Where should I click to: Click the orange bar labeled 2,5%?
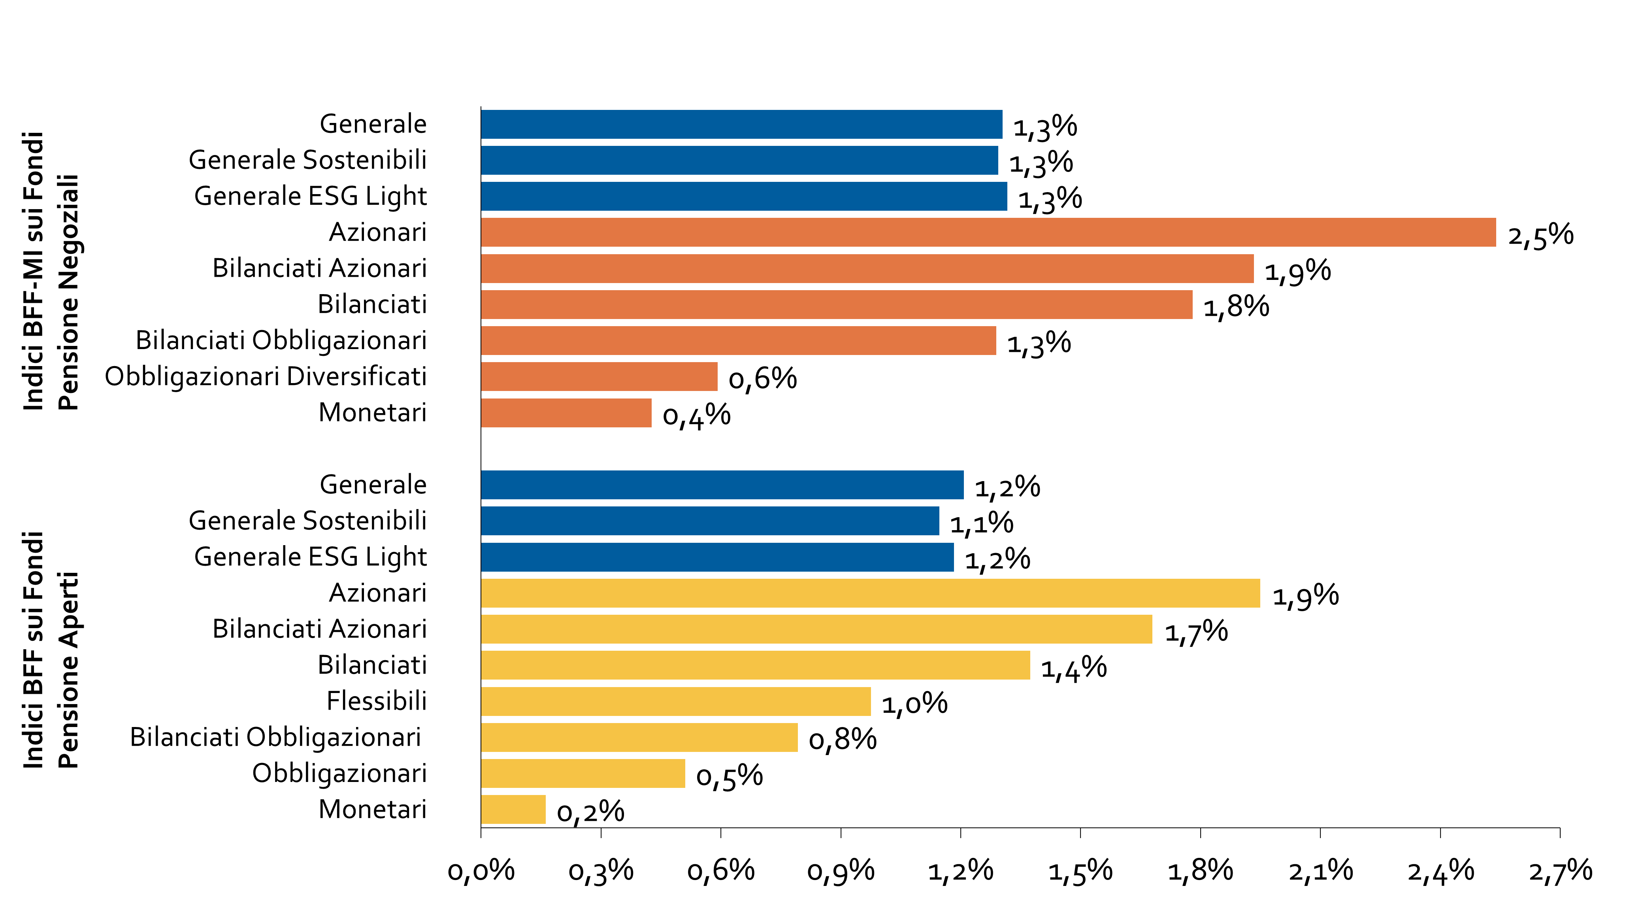tap(988, 232)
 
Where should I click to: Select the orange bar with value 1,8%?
tap(837, 304)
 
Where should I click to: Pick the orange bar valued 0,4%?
tap(566, 413)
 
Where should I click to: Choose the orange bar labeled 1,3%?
tap(738, 340)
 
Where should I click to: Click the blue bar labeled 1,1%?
tap(710, 521)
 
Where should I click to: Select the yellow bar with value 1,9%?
tap(870, 593)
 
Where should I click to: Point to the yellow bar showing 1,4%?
tap(755, 665)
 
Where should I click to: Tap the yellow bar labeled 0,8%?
tap(639, 738)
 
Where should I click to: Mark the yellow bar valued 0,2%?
tap(513, 810)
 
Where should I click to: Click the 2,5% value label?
tap(1533, 237)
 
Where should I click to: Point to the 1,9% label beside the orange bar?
tap(1297, 272)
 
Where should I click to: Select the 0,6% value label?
tap(762, 380)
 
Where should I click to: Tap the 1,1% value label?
tap(982, 524)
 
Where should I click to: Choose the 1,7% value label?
tap(1195, 632)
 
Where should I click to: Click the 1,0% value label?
tap(914, 704)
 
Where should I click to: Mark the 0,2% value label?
tap(590, 812)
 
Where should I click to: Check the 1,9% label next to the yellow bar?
tap(1305, 596)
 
